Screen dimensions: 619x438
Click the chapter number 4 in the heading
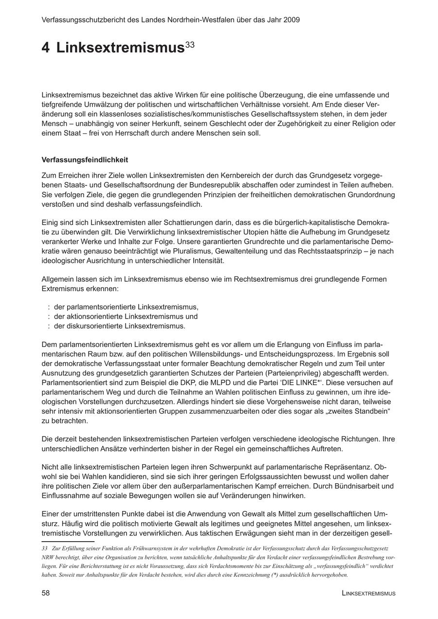click(45, 48)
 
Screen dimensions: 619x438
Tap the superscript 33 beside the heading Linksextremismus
click(190, 45)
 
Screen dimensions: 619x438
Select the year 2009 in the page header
click(291, 20)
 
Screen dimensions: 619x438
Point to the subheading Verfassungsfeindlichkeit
click(85, 160)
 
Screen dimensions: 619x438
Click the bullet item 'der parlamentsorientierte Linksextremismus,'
click(126, 307)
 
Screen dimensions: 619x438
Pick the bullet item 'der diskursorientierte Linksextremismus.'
click(120, 326)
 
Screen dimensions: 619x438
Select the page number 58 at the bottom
click(46, 593)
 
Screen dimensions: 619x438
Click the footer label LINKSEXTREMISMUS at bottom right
click(368, 593)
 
